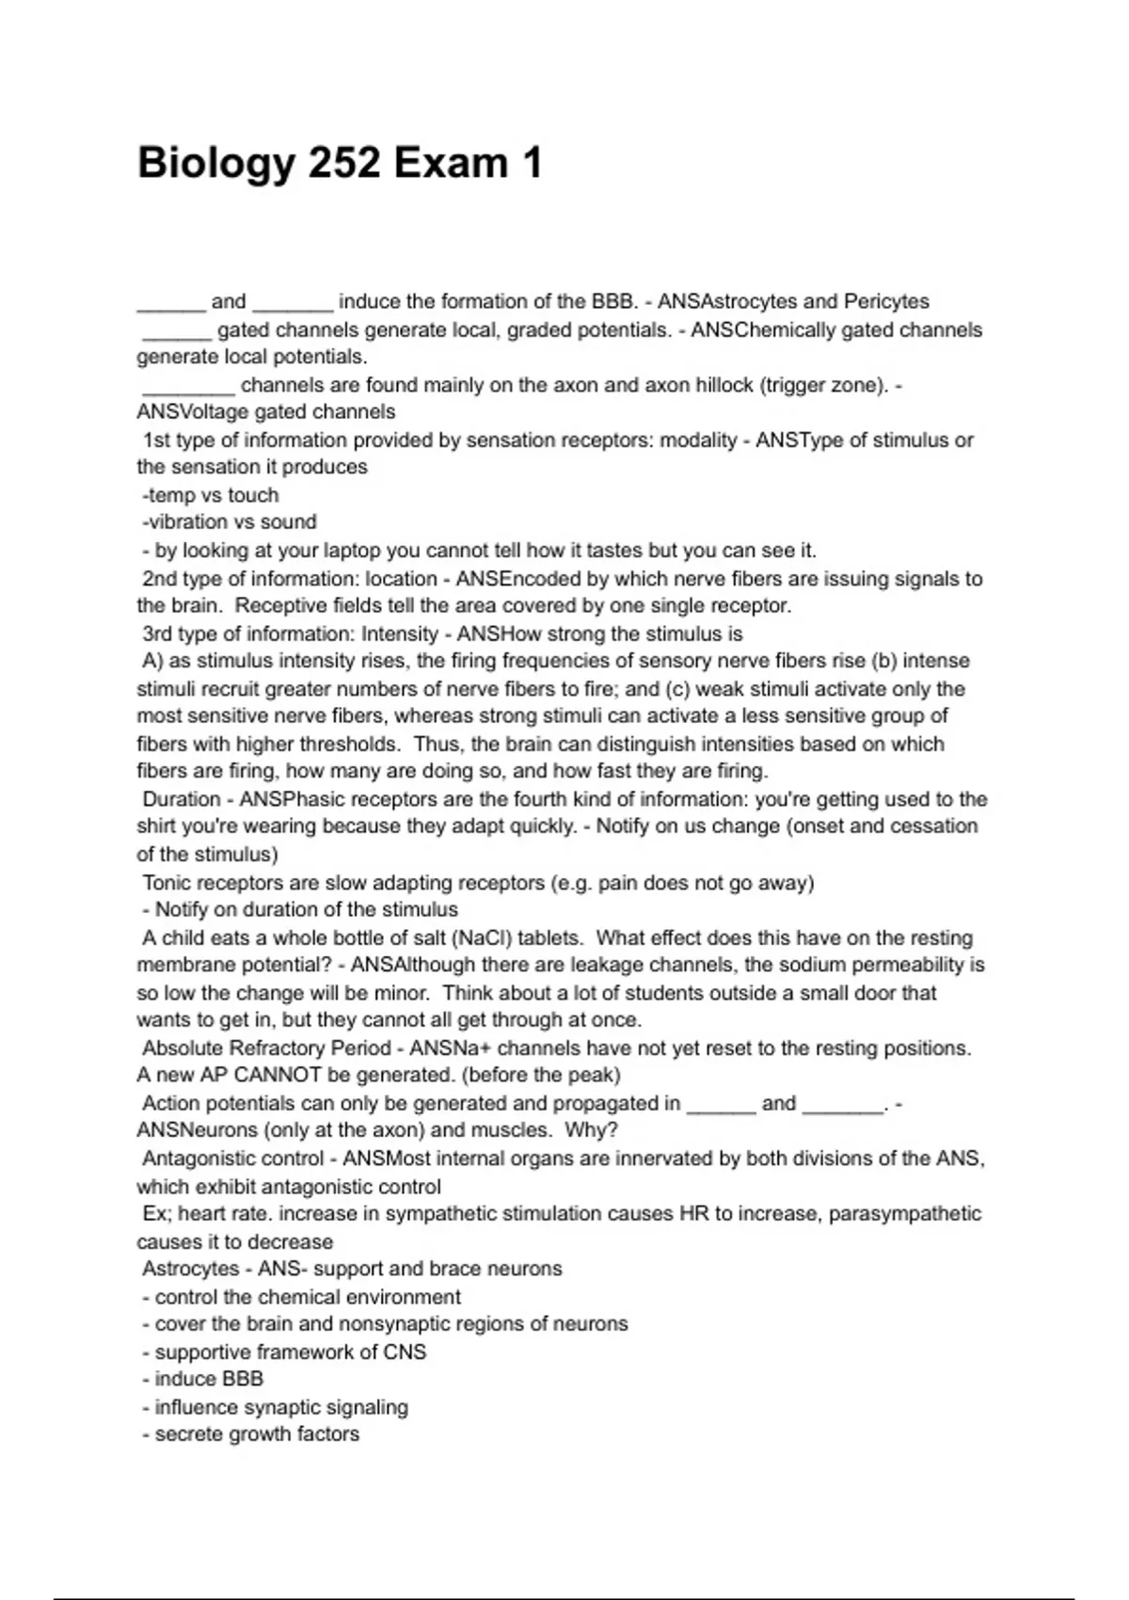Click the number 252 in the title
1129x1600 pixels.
[344, 164]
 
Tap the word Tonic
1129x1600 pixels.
[168, 883]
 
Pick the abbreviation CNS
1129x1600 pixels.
[405, 1352]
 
